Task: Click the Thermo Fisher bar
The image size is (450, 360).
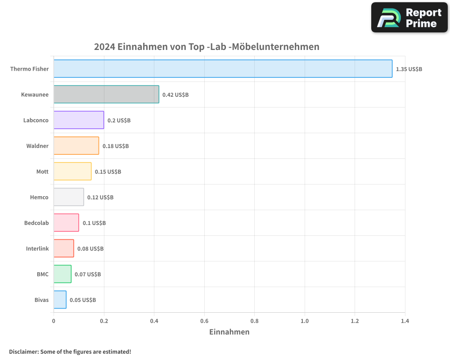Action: coord(223,69)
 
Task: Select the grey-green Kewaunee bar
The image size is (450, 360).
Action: coord(106,94)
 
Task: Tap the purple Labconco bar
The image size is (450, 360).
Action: coord(79,120)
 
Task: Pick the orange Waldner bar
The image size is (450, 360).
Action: coord(76,146)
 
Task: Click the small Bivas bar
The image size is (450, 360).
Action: coord(60,300)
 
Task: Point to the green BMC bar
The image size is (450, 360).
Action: coord(62,274)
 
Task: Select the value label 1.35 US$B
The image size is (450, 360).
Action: coord(409,69)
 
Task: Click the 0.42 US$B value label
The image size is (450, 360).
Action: coord(175,95)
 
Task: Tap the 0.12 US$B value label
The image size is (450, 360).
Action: coord(100,198)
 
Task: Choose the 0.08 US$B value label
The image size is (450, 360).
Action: coord(90,249)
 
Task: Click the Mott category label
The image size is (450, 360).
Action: coord(42,172)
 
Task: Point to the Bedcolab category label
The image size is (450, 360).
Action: coord(36,223)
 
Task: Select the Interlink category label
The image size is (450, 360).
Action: coord(37,249)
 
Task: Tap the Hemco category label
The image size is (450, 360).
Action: coord(39,198)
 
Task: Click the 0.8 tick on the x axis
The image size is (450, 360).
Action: coord(255,321)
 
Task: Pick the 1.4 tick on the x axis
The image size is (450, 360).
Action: coord(405,321)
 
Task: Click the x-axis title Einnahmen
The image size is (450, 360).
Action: coord(229,332)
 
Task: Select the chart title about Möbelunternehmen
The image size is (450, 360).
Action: coord(207,47)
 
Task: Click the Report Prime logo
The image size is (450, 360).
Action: coord(409,18)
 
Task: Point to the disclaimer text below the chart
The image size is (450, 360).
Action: coord(70,351)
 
